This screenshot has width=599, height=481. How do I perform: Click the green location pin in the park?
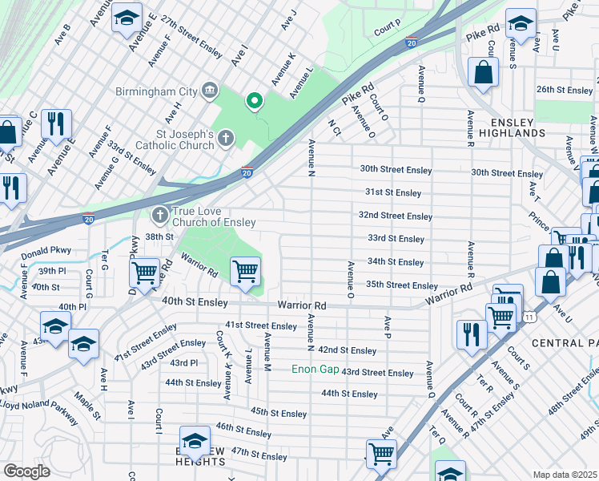click(x=255, y=101)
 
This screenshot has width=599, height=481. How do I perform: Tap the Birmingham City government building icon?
click(x=211, y=89)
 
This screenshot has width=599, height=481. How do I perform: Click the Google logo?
click(x=26, y=471)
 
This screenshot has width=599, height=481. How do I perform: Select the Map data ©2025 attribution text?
click(x=565, y=475)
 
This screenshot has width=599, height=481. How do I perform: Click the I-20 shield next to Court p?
click(x=411, y=42)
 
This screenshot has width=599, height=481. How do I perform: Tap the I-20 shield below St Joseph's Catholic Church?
click(x=247, y=172)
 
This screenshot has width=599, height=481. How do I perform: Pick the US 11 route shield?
click(x=529, y=318)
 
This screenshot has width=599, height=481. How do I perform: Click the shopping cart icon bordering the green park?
click(x=245, y=271)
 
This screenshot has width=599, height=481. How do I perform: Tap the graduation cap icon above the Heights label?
click(x=195, y=442)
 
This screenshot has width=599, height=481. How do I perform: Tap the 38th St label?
click(x=159, y=236)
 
